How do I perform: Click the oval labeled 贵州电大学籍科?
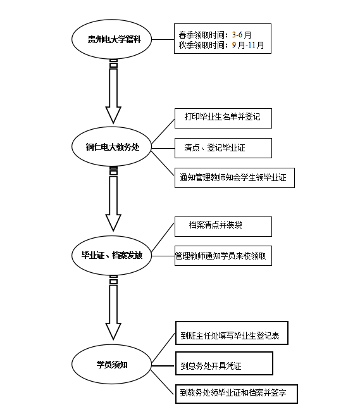113,40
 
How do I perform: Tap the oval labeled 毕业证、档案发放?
113,256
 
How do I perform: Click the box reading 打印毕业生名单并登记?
223,118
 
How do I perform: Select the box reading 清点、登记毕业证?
223,148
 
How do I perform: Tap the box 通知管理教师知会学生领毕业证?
234,178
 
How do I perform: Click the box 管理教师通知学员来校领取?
223,256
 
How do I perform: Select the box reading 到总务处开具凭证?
223,364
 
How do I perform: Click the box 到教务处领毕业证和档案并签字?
235,393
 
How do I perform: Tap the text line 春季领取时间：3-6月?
215,35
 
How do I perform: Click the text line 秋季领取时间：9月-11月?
221,46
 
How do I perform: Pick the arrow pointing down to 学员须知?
113,310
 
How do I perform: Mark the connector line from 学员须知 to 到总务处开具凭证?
163,364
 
